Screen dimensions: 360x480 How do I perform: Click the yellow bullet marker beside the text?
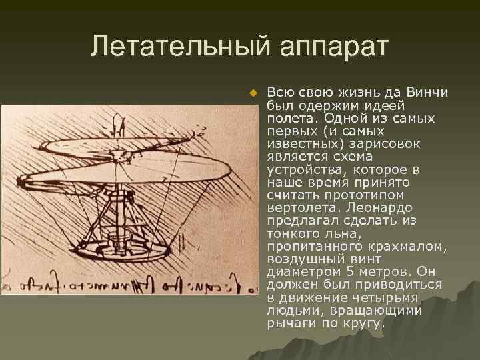coord(252,93)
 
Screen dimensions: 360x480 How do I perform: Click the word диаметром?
coord(297,272)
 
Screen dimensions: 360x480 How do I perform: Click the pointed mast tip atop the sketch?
coord(119,122)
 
